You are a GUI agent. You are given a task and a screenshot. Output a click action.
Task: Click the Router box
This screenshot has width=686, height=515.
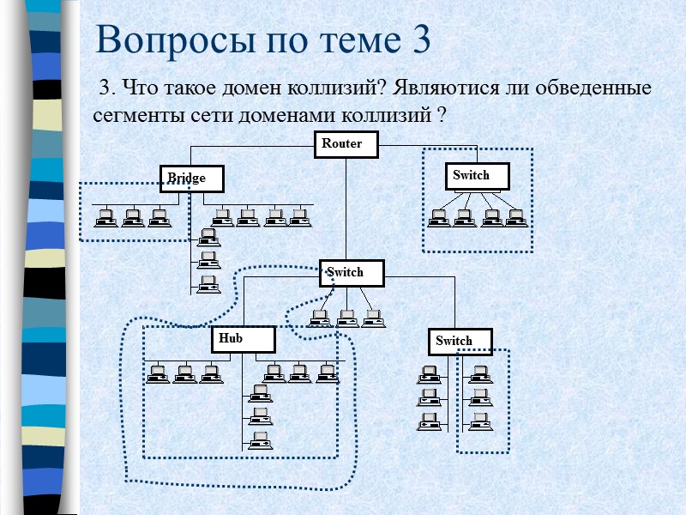[x=346, y=145]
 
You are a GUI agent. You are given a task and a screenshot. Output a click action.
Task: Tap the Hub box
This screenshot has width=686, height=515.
[x=243, y=340]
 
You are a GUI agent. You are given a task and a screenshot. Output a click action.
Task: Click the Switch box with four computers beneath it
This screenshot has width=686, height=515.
[x=477, y=176]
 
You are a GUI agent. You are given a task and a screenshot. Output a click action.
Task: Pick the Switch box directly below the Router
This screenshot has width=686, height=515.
[x=352, y=273]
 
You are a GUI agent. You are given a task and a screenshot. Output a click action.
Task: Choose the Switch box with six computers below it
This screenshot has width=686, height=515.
[x=460, y=342]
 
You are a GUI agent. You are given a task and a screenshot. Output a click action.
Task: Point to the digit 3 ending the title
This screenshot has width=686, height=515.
[x=420, y=39]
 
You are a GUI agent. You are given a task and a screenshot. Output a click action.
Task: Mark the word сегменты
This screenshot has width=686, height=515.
[x=131, y=114]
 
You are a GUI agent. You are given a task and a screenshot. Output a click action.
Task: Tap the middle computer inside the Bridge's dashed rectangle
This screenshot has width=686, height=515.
[x=133, y=217]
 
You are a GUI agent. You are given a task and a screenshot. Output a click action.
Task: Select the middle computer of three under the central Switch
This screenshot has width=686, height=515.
[x=347, y=318]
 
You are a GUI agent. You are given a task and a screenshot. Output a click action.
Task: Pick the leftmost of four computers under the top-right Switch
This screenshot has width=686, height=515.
[x=439, y=217]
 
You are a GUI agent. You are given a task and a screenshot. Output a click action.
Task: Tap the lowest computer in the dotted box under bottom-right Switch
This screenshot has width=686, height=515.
[x=480, y=421]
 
